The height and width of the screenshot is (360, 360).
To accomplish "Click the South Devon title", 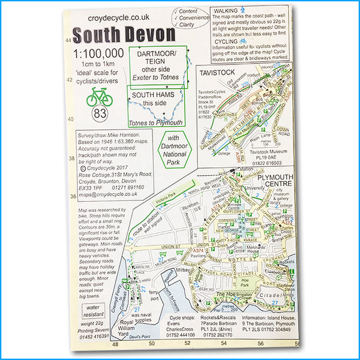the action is coord(124,34).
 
